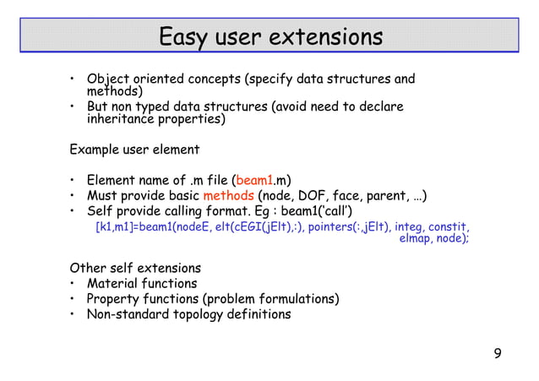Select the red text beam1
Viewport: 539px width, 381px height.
(x=253, y=181)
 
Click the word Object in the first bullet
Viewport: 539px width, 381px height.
(x=108, y=80)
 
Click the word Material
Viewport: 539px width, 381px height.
(x=115, y=284)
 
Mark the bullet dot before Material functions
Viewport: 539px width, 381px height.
(x=73, y=284)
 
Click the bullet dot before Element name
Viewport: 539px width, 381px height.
(x=73, y=181)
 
